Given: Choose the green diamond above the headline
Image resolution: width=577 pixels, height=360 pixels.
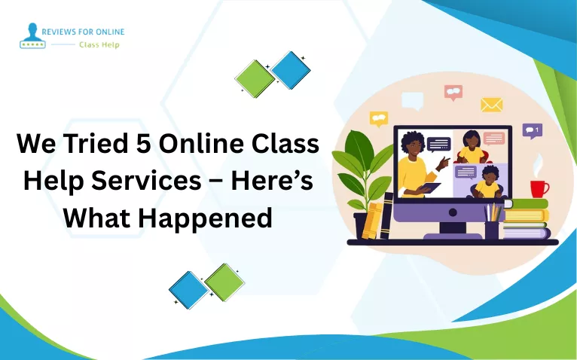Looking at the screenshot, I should [255, 78].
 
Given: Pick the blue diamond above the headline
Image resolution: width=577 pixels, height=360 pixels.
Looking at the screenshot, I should [292, 70].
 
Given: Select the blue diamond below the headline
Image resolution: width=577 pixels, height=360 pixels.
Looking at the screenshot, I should [188, 290].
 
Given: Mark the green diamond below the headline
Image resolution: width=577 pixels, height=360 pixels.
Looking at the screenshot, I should [224, 282].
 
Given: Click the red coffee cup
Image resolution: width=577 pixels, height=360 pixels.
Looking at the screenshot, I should [539, 188].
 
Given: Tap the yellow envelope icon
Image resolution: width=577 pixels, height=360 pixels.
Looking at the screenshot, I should [492, 105].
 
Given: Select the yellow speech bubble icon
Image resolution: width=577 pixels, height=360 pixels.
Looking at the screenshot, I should [378, 118].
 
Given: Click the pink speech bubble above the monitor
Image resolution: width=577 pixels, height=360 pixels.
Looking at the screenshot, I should [453, 92].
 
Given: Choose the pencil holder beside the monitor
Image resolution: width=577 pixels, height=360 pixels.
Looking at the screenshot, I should [492, 224].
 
